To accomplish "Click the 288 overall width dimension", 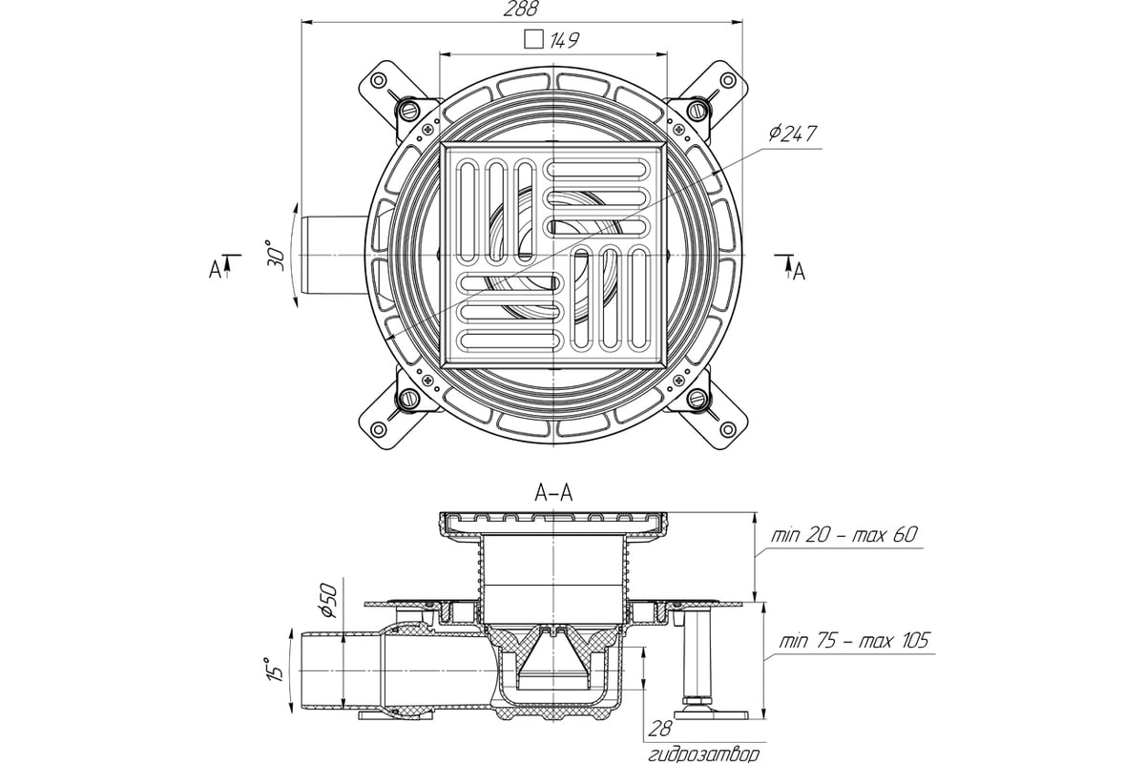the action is click(x=521, y=9).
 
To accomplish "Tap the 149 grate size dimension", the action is click(x=564, y=40).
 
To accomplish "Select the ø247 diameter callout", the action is click(x=792, y=134).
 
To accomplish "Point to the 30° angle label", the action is click(x=276, y=255).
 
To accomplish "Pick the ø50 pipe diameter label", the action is click(x=330, y=600).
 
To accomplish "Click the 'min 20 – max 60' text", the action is click(x=843, y=535).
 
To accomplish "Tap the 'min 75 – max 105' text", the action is click(x=854, y=641).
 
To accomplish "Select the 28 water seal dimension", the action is click(x=660, y=729).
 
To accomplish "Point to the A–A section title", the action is click(x=553, y=493).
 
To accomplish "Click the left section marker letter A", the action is click(x=215, y=269).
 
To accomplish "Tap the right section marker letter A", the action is click(x=799, y=272).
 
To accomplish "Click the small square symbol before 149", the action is click(x=533, y=39).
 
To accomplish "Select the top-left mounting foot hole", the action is click(x=378, y=81).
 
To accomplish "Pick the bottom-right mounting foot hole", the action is click(x=728, y=429).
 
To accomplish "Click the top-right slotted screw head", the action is click(x=696, y=110).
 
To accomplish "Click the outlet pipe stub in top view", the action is click(x=336, y=255).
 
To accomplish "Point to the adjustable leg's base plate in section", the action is click(x=711, y=714).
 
